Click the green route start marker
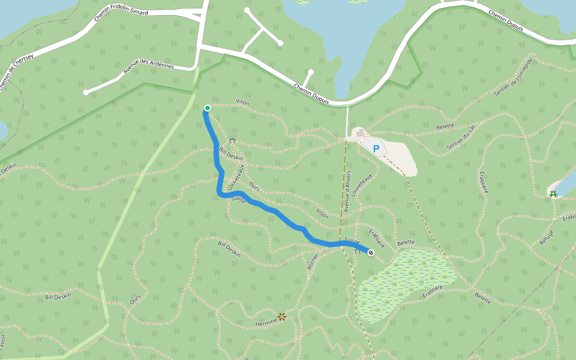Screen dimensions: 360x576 (207, 108)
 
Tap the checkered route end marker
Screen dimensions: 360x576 (371, 253)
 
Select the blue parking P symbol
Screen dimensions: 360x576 (376, 148)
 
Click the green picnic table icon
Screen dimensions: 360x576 (553, 194)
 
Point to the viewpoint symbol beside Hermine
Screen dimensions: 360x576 (281, 317)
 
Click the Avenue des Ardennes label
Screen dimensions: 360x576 (148, 65)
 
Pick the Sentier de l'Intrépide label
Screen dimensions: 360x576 (513, 77)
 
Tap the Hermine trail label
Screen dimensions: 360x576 (266, 322)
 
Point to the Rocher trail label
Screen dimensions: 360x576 (312, 259)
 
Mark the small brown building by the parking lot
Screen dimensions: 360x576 (358, 132)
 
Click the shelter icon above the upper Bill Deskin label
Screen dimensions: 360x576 (232, 140)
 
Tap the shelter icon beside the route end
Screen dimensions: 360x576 (358, 251)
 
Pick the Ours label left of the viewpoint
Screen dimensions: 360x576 (135, 299)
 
